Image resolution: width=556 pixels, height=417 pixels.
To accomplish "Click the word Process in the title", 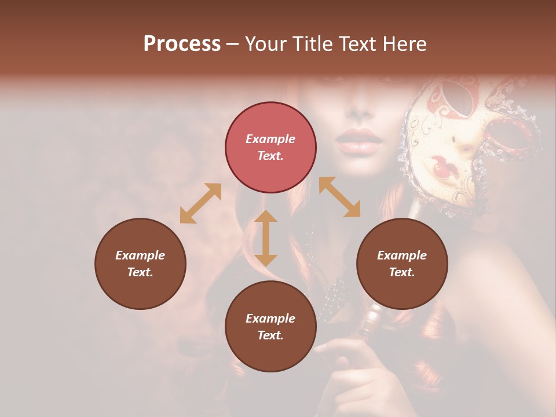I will [x=182, y=44].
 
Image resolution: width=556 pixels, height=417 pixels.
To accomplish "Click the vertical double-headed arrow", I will [x=266, y=238].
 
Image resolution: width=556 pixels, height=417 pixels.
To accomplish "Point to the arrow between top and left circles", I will [x=200, y=203].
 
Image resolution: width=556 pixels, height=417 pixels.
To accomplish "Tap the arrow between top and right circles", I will [x=339, y=197].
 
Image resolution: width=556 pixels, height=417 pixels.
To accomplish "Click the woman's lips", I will [x=359, y=140].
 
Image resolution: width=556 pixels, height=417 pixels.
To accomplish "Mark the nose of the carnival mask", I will [x=463, y=144].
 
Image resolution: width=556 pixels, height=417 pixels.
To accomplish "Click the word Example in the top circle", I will [x=270, y=139].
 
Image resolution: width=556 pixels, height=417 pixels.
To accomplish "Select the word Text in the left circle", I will [x=140, y=272].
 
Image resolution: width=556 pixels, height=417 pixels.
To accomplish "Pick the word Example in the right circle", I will [x=402, y=255].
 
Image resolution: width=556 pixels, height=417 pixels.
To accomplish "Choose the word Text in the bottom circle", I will [x=270, y=335].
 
